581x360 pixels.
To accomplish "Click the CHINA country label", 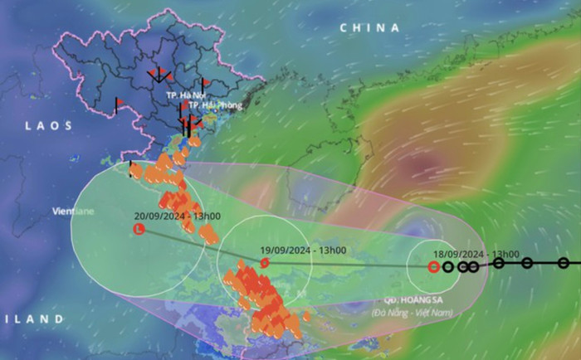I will point(369,27).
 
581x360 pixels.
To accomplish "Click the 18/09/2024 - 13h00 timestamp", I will point(478,254).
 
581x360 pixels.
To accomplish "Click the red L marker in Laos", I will point(139,229).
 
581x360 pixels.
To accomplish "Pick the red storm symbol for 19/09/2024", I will point(264,263).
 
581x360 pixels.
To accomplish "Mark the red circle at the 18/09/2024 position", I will point(433,267).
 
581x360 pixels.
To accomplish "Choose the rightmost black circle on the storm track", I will point(564,263).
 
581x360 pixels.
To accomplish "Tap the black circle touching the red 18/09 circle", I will point(448,267).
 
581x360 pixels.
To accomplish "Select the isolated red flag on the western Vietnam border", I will point(118,103).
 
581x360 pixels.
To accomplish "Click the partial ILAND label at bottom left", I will point(31,319).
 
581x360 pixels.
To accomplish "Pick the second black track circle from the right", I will point(527,263).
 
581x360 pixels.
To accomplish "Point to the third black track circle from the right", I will point(499,263).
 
